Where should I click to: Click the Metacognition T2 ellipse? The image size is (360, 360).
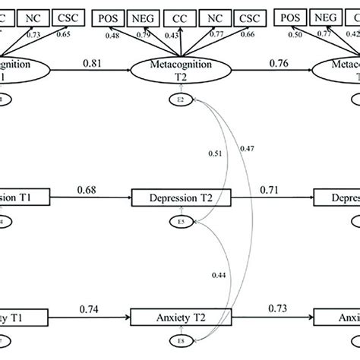click(180, 73)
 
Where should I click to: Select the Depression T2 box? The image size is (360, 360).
click(180, 199)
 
